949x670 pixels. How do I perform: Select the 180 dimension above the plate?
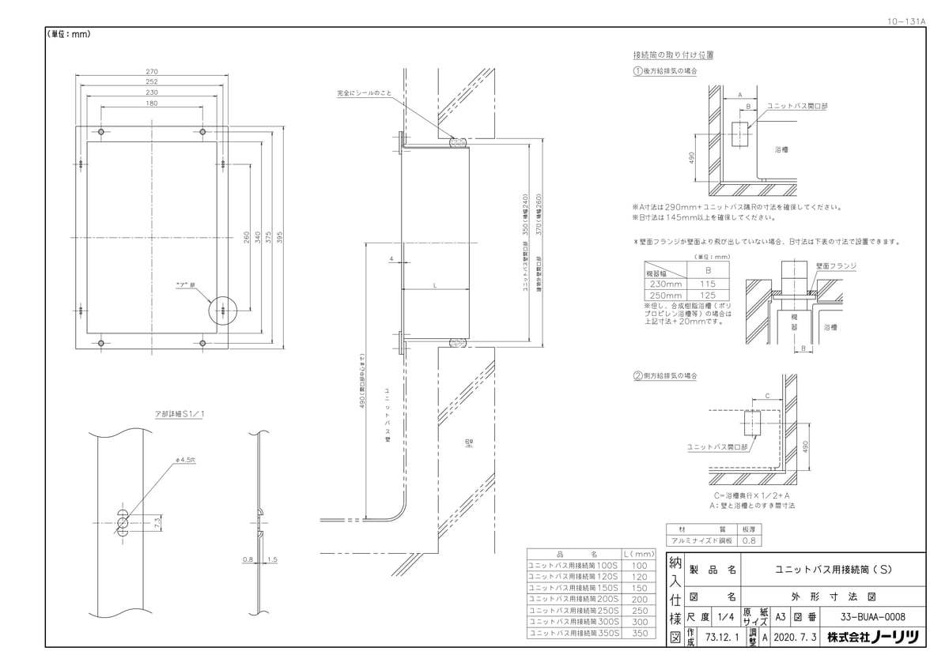tap(152, 104)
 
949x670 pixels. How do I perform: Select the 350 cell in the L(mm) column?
tap(641, 634)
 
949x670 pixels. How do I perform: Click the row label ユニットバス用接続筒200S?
tap(574, 600)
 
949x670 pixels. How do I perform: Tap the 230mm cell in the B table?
tap(665, 282)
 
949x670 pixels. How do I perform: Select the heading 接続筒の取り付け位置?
tap(673, 55)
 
